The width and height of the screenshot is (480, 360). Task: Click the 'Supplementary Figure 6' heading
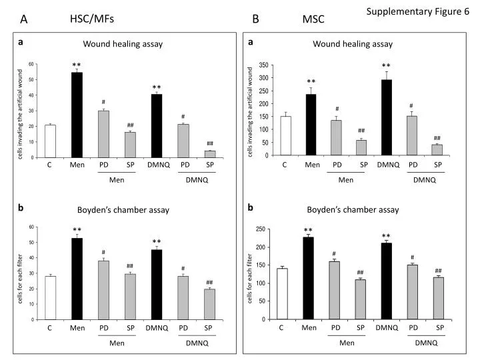(x=417, y=12)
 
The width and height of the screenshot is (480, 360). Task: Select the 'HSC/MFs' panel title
(x=92, y=19)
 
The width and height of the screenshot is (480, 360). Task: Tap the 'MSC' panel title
(x=313, y=19)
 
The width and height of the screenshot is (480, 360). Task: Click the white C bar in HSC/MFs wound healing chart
(x=50, y=141)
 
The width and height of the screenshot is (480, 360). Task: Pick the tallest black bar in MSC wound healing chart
(x=386, y=117)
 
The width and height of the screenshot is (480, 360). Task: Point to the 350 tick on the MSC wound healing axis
(x=263, y=65)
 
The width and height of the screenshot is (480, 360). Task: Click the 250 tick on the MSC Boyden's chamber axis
(x=261, y=229)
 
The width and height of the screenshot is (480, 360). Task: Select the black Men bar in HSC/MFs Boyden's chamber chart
(x=77, y=279)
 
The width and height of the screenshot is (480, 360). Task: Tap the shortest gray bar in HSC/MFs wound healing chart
(x=210, y=154)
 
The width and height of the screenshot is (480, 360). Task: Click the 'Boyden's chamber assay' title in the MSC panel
(x=353, y=210)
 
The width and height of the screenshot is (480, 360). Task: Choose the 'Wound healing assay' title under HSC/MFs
(x=123, y=44)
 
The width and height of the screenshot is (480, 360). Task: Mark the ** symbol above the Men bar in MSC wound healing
(x=311, y=81)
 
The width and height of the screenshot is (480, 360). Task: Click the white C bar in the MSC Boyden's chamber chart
(x=282, y=294)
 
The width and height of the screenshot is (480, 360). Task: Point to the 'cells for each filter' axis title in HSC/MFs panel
(x=20, y=279)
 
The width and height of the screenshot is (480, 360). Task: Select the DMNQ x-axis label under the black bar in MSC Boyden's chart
(x=387, y=328)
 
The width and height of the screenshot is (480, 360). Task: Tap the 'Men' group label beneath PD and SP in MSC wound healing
(x=346, y=180)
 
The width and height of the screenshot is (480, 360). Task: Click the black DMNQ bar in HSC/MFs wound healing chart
(x=157, y=126)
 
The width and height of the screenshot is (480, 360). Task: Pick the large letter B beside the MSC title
(x=255, y=19)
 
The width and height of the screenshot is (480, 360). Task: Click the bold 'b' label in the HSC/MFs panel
(x=21, y=208)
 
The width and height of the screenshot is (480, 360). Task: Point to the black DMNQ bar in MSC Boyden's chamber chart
(x=387, y=281)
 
